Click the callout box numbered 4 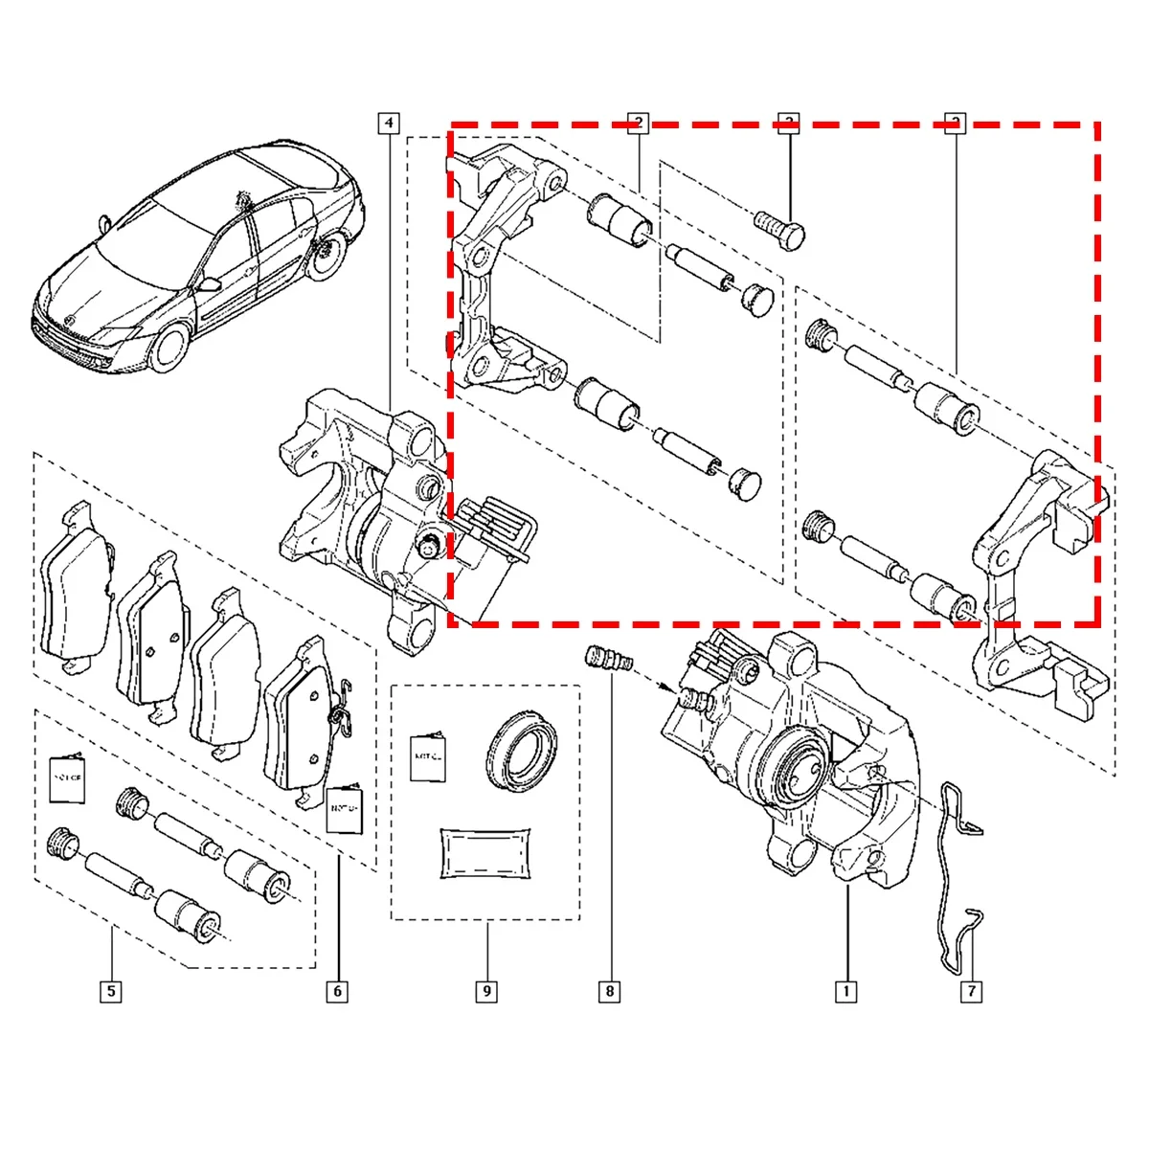(388, 123)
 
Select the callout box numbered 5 (111, 991)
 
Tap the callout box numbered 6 (337, 991)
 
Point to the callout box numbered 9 (485, 991)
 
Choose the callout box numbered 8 (609, 991)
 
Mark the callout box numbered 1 (845, 991)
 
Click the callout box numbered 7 (971, 991)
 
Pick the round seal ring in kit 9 (521, 750)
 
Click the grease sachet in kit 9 (485, 851)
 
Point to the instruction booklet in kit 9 (428, 756)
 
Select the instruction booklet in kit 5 (68, 778)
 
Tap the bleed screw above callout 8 (607, 661)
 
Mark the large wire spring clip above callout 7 (951, 862)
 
